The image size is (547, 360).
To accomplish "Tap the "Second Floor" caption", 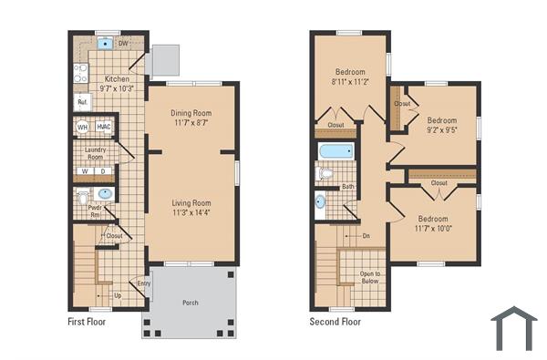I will (335, 322).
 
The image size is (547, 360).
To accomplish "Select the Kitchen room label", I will (117, 79).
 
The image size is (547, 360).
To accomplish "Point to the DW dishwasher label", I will (124, 43).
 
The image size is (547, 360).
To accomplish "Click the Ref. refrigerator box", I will (81, 103).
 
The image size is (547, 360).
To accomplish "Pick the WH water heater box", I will (82, 127).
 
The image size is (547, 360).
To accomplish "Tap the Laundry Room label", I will (96, 153).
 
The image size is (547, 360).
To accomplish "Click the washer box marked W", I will (85, 170).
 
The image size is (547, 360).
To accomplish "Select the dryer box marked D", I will (103, 170).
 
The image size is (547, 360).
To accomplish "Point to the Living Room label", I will (191, 203).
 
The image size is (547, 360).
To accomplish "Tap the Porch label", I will (191, 303).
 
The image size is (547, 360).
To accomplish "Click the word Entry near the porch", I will (143, 283).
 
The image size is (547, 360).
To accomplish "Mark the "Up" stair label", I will (118, 296).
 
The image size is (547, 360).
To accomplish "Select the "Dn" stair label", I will (366, 236).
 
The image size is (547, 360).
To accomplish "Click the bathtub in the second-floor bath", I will (336, 151).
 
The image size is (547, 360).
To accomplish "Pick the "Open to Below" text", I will (370, 278).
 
